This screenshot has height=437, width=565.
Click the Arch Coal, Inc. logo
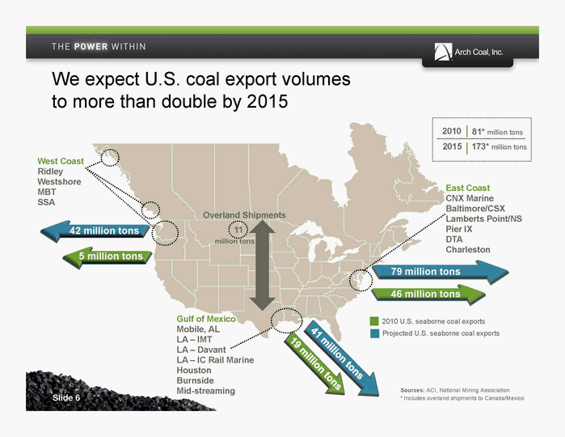[x=469, y=52]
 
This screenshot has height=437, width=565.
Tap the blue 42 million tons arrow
[x=95, y=231]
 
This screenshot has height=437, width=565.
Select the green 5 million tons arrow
[x=108, y=257]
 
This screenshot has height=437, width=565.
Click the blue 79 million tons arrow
[x=441, y=272]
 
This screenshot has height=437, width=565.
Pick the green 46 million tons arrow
[x=428, y=295]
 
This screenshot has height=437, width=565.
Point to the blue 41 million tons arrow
[x=341, y=357]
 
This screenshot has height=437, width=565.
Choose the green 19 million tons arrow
[x=314, y=363]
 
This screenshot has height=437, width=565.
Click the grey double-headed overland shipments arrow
[x=263, y=265]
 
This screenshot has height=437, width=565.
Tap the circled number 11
[x=238, y=230]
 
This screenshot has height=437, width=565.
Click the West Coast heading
[x=61, y=161]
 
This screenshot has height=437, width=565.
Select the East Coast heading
[x=468, y=188]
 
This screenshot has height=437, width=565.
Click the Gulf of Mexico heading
[x=206, y=319]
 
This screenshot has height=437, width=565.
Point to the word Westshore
[x=59, y=181]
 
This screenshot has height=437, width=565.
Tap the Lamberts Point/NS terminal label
[x=483, y=218]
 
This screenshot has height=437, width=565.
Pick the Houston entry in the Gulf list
[x=194, y=371]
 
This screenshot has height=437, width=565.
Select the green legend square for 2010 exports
[x=374, y=321]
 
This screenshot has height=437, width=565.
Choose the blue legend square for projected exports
[x=374, y=333]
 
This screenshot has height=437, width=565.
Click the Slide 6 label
[x=66, y=397]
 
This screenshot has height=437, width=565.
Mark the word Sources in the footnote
[x=412, y=390]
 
